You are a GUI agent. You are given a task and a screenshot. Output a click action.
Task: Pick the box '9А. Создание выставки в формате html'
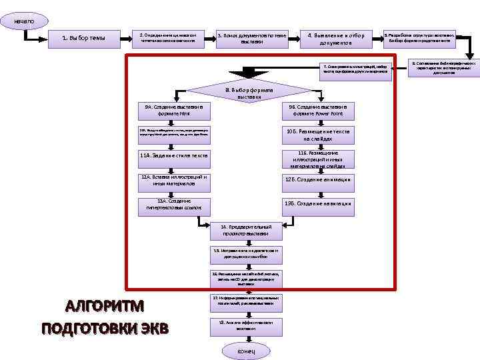(x=173, y=109)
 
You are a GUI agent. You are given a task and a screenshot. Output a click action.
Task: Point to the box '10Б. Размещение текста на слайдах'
(x=317, y=136)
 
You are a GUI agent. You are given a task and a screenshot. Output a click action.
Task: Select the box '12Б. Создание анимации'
(x=317, y=179)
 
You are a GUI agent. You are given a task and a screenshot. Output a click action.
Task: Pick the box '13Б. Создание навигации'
(x=317, y=203)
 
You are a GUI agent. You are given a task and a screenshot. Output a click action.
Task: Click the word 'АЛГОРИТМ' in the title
(x=105, y=307)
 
